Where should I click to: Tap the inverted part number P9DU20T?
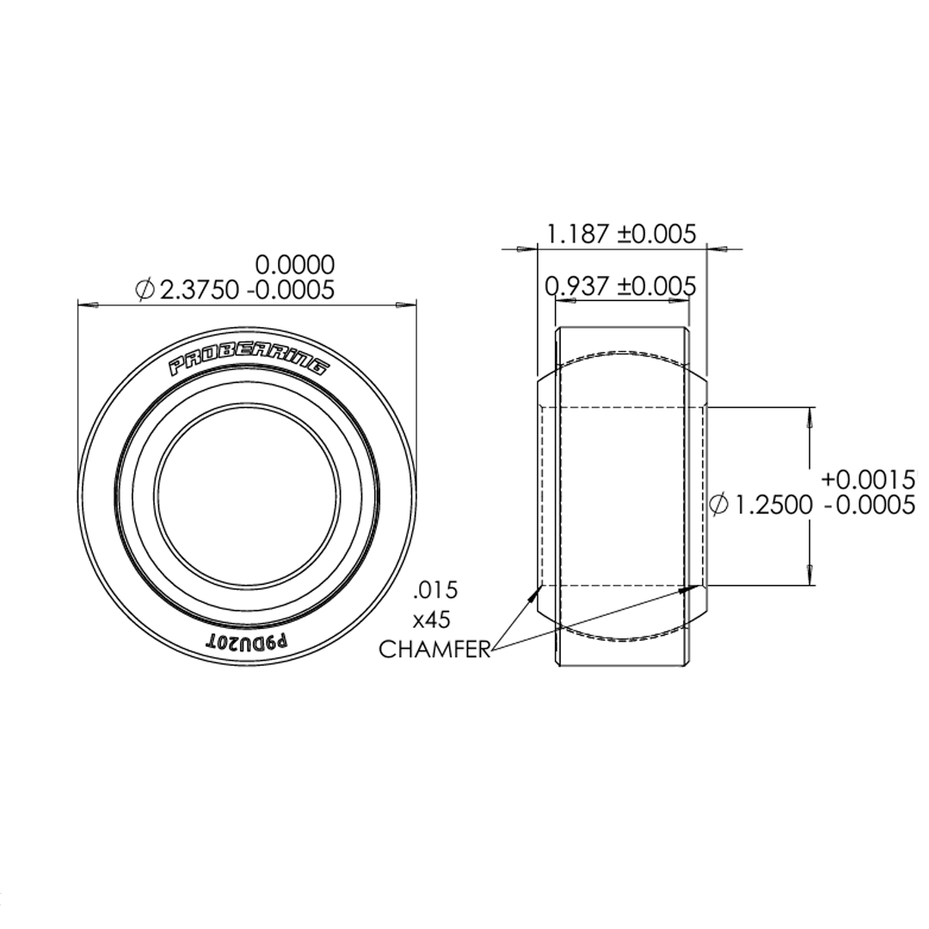pos(248,641)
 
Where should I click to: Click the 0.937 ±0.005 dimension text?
pos(620,286)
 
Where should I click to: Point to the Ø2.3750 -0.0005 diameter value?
pos(246,290)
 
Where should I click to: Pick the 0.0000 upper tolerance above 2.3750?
pos(296,264)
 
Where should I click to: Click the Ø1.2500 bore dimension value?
pos(771,505)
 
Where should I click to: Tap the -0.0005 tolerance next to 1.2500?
pos(869,505)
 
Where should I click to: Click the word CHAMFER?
pos(434,649)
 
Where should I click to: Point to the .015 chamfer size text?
pos(434,590)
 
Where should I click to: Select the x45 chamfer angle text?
pos(432,619)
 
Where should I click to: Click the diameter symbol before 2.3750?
pos(145,290)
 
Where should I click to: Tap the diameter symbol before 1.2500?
pos(719,505)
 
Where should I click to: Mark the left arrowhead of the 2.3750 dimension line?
pos(89,305)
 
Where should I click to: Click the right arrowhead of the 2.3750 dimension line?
pos(405,305)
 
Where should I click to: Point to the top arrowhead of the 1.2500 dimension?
pos(810,419)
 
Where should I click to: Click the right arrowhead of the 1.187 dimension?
pos(718,249)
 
